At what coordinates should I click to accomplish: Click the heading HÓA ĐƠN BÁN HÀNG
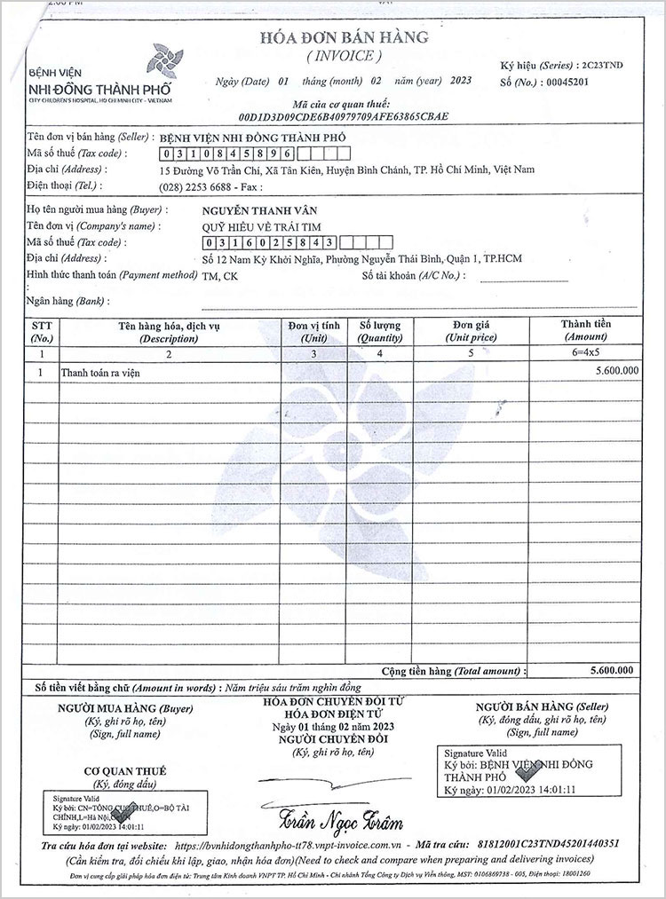pyautogui.click(x=331, y=37)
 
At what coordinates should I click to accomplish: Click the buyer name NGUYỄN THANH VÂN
pyautogui.click(x=249, y=210)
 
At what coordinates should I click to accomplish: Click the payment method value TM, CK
pyautogui.click(x=220, y=276)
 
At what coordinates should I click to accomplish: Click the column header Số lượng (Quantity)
pyautogui.click(x=380, y=333)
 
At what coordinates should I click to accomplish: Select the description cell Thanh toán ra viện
pyautogui.click(x=100, y=374)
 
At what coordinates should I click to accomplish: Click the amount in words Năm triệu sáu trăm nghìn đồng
pyautogui.click(x=292, y=688)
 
